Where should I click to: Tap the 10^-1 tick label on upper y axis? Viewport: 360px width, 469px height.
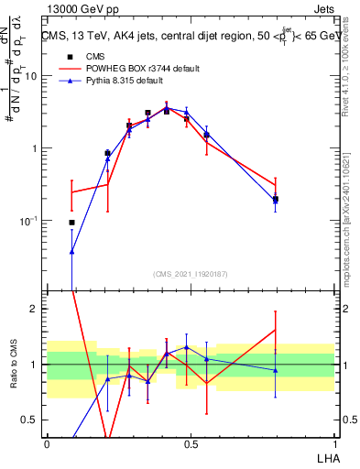(x=28, y=220)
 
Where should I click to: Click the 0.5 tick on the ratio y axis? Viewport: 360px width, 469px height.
(x=33, y=420)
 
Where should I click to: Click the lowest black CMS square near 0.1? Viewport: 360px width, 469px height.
(x=71, y=223)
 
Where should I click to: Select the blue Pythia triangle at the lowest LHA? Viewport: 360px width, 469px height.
(x=71, y=250)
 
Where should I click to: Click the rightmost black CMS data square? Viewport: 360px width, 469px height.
(x=275, y=199)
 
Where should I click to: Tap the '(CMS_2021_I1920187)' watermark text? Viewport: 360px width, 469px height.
(x=190, y=273)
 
